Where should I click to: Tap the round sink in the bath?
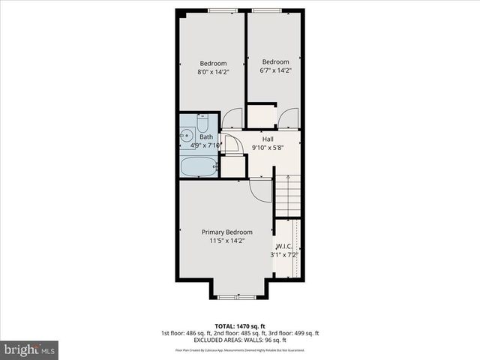click(x=187, y=136)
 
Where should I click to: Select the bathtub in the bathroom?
click(x=199, y=166)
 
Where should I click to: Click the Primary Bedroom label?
click(x=226, y=232)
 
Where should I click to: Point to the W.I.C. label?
click(x=283, y=246)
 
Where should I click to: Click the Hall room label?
click(x=267, y=139)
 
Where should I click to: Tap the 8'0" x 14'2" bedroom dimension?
click(x=212, y=72)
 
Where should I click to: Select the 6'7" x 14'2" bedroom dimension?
click(x=275, y=71)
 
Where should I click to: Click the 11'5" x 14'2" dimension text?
click(x=226, y=241)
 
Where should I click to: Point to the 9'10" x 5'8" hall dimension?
click(x=267, y=148)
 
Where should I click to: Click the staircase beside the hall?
click(x=286, y=195)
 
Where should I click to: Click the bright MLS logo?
click(x=30, y=349)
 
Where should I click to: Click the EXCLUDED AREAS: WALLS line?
click(x=240, y=340)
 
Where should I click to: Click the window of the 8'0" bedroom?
click(x=223, y=10)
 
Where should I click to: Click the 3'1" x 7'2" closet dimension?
click(x=284, y=255)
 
